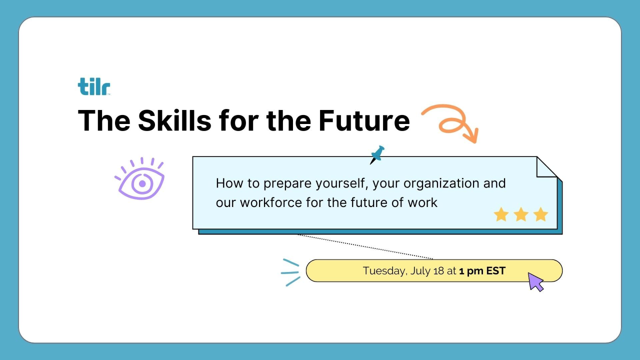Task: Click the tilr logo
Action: [x=94, y=86]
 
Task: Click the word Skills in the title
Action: [x=174, y=121]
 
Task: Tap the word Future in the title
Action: [x=364, y=121]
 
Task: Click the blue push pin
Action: [x=377, y=154]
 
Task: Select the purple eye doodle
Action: [x=140, y=178]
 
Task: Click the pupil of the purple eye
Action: [x=142, y=183]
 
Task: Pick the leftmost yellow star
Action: [x=501, y=214]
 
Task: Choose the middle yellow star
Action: [x=521, y=214]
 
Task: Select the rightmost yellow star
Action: [x=540, y=214]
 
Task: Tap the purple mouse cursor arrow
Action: [x=535, y=281]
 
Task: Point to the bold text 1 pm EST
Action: [x=482, y=271]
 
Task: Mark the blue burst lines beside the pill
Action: [x=290, y=272]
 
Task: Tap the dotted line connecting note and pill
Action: [x=365, y=247]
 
